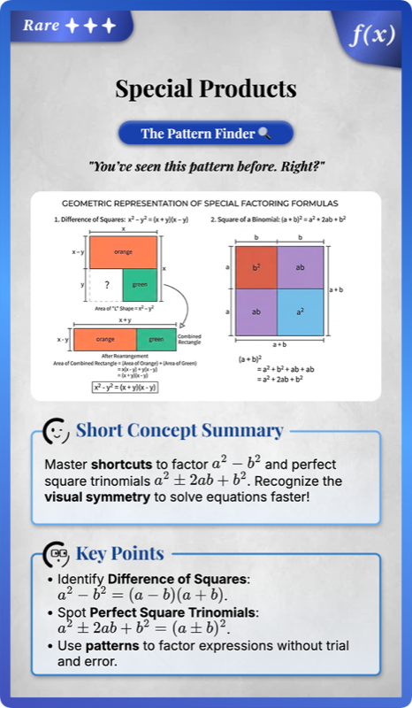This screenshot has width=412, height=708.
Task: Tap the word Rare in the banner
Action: tap(42, 25)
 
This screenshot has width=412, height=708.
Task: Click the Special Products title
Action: tap(206, 89)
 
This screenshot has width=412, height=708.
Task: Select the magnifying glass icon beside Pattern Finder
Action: tap(263, 134)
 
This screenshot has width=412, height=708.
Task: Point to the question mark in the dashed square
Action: tap(107, 285)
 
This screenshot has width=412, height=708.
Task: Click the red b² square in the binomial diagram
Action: tap(256, 266)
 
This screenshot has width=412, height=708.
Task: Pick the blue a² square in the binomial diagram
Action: tap(301, 312)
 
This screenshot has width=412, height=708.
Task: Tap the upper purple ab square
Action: tap(301, 266)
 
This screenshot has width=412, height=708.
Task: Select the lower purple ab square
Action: tap(256, 312)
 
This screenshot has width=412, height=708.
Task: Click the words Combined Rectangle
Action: tap(189, 339)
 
